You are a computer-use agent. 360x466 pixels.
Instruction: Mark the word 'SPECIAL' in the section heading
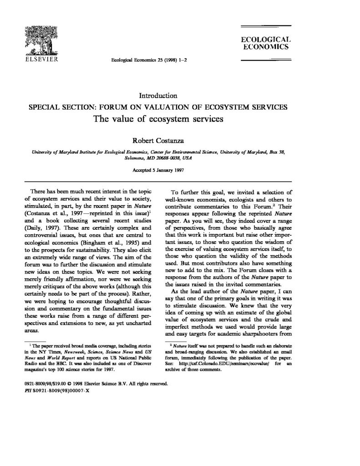pos(45,107)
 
